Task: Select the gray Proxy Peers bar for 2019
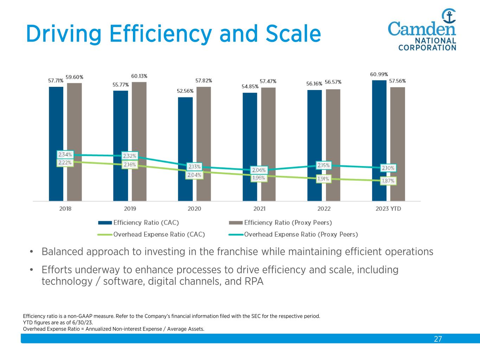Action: point(139,120)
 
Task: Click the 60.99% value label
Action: point(379,75)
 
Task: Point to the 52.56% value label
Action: point(185,91)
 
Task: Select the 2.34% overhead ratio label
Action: point(65,155)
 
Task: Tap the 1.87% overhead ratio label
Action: point(388,181)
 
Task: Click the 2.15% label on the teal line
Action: point(324,165)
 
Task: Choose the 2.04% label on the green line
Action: point(194,175)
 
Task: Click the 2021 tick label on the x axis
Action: point(259,209)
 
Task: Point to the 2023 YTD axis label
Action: point(388,209)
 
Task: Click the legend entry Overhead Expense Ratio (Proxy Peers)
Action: point(301,234)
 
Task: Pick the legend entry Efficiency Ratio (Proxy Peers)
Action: point(288,223)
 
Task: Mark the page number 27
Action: point(438,339)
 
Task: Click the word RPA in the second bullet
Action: point(254,282)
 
